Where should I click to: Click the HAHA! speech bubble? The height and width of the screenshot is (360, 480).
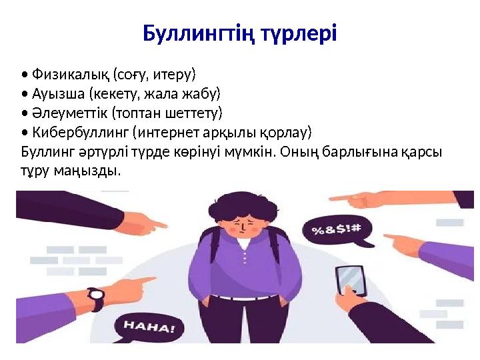point(148,327)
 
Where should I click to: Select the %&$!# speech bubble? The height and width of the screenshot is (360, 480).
point(336,231)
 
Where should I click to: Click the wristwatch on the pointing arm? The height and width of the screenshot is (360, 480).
point(97,298)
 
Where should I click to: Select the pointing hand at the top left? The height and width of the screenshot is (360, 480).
point(141,220)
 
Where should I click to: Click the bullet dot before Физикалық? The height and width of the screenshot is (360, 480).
point(24,73)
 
